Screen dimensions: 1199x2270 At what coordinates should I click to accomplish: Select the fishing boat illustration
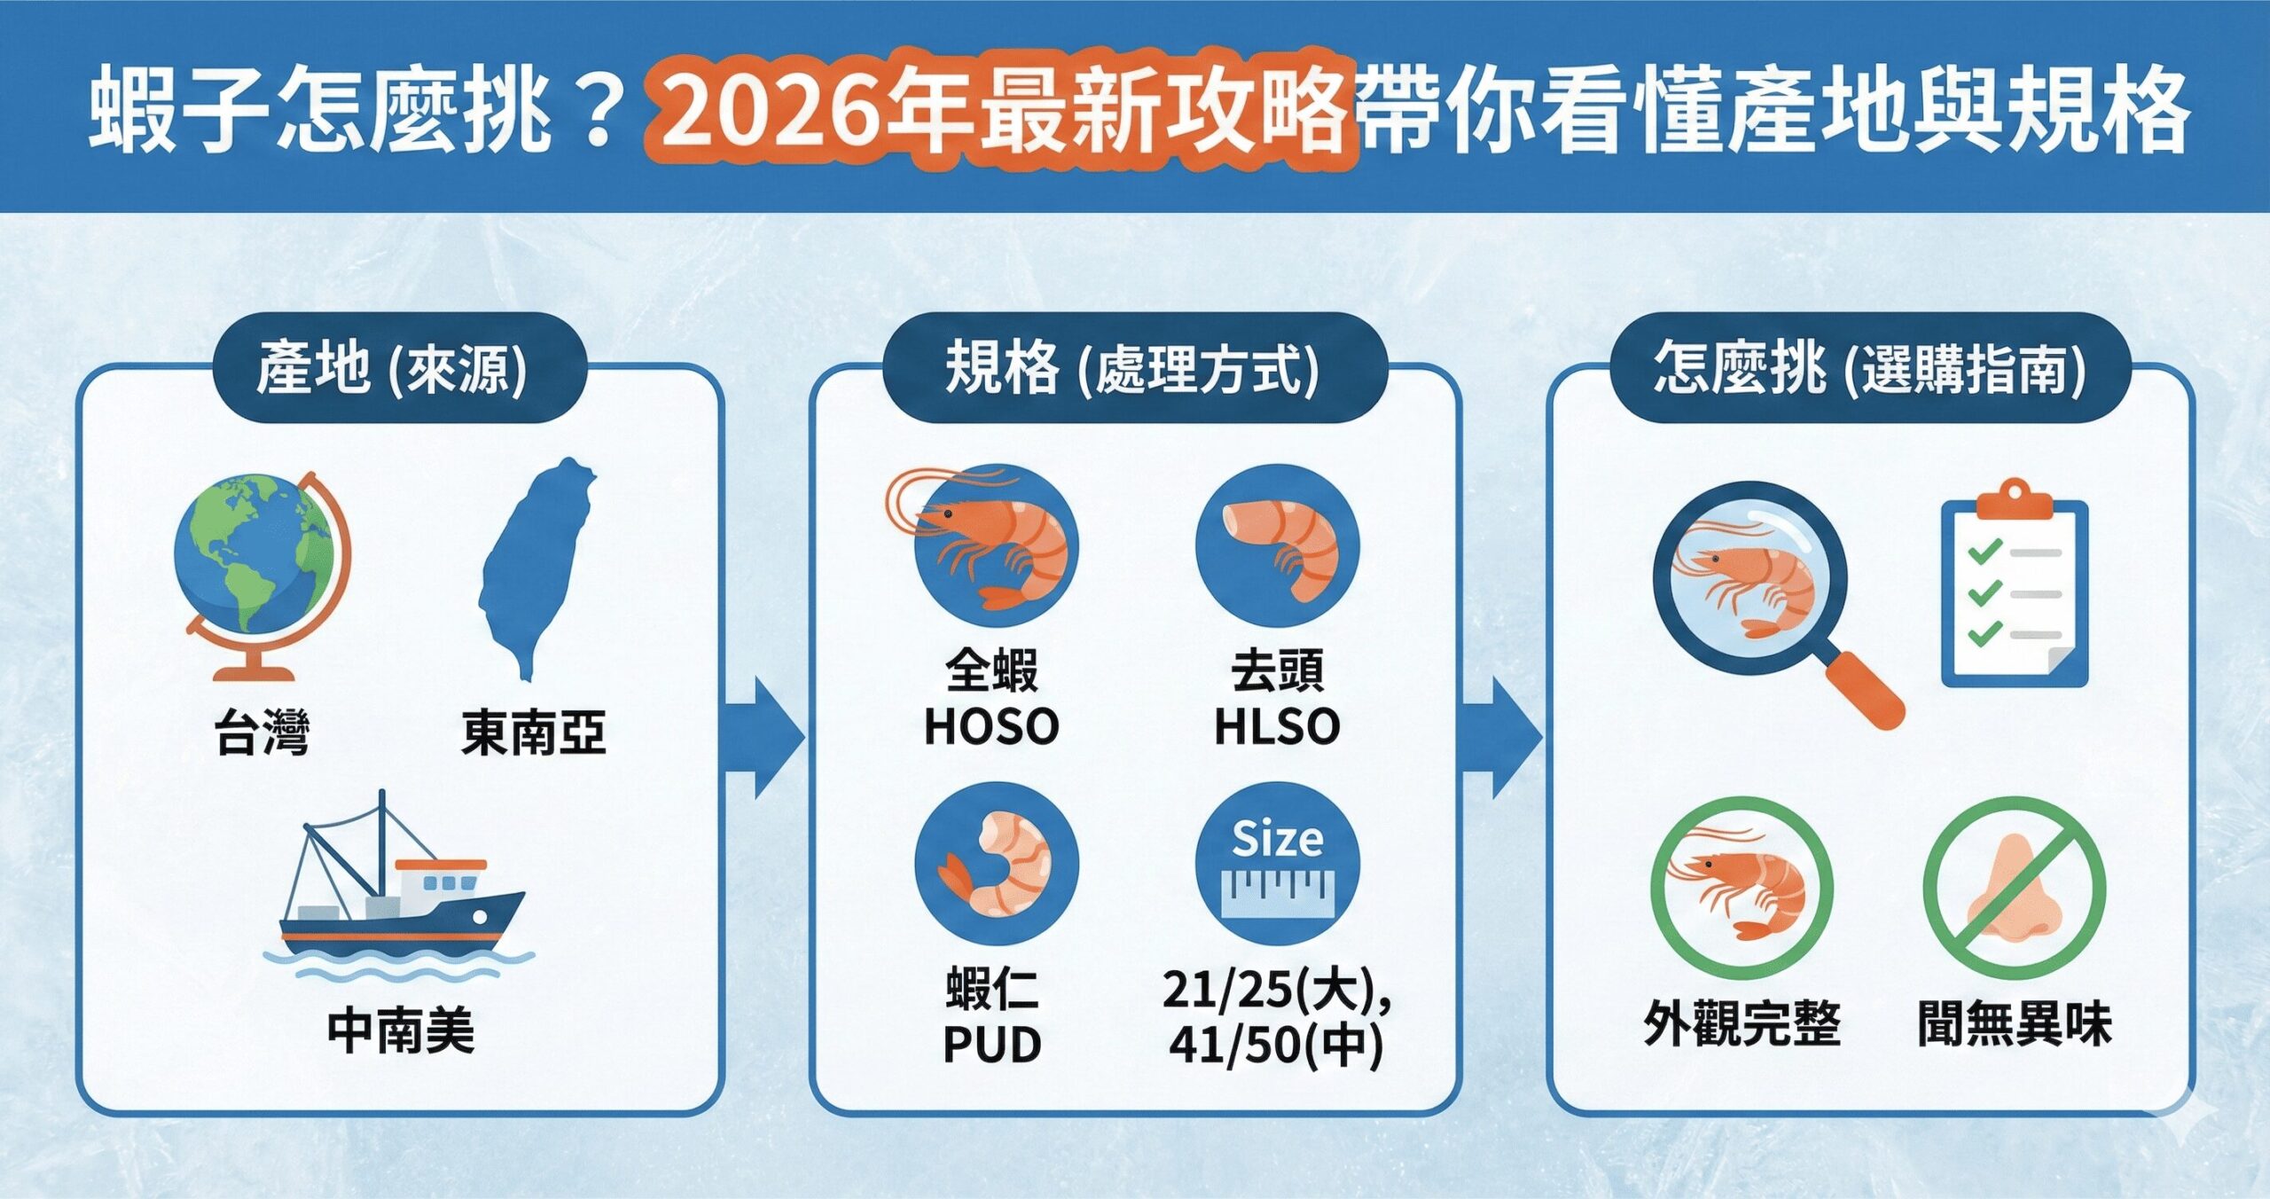point(399,887)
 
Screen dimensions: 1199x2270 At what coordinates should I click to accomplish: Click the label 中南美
point(401,1030)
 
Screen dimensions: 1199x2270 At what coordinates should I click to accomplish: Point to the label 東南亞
point(534,733)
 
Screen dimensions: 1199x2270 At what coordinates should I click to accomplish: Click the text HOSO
point(991,726)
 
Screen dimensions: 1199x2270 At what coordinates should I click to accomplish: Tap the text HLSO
point(1277,726)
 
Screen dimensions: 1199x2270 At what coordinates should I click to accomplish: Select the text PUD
point(991,1045)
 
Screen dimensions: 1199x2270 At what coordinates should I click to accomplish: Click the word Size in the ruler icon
point(1278,839)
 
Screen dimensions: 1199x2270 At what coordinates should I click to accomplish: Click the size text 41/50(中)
point(1275,1045)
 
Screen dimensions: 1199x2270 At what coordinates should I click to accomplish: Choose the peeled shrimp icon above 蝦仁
point(997,865)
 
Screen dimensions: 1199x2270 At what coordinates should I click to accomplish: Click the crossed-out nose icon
point(2015,888)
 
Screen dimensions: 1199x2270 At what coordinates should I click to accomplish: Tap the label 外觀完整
point(1742,1023)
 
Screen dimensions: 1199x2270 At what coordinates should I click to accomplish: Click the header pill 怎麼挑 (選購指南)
point(1869,368)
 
